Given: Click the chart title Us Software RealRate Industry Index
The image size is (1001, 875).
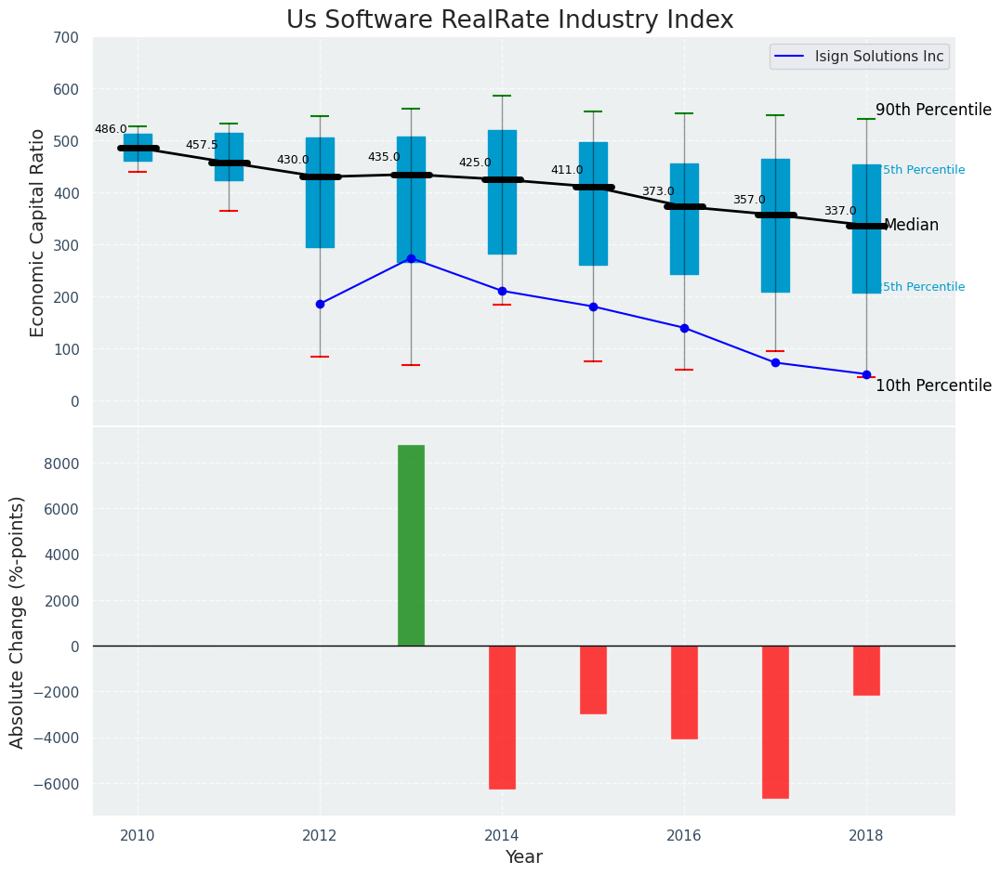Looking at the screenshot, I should (x=509, y=20).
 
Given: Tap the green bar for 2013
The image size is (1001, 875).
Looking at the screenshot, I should (x=411, y=545).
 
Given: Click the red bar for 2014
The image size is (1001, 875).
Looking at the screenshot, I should (x=502, y=717).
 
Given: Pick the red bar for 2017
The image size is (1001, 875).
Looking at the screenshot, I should (x=775, y=722).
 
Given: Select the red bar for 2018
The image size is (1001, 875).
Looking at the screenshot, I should (x=866, y=671).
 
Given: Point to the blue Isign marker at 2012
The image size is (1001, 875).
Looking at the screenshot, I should (x=320, y=304).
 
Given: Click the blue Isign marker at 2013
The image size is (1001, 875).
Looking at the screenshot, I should (x=411, y=258).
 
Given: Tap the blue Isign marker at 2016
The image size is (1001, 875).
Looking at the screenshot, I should (x=684, y=328).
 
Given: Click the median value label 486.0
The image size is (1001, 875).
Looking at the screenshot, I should (x=111, y=130).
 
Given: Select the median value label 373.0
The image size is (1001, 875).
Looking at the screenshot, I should (x=658, y=192).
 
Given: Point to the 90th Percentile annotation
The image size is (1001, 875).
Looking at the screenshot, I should (x=933, y=110).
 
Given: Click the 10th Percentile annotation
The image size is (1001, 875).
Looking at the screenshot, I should (x=933, y=386).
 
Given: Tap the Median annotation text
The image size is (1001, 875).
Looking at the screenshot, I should (x=911, y=226).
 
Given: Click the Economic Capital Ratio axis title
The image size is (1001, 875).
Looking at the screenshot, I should (x=38, y=232).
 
